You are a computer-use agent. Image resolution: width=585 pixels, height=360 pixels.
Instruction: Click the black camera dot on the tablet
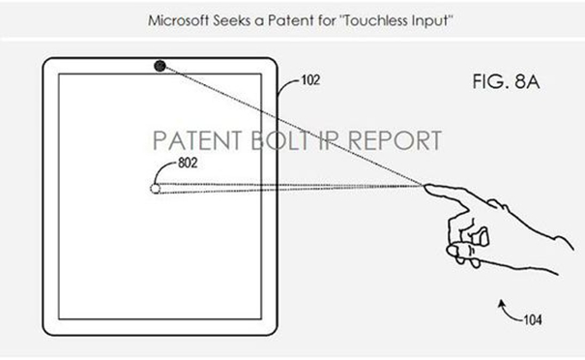coord(161,66)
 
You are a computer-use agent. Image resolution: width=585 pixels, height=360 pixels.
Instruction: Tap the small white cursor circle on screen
coord(156,189)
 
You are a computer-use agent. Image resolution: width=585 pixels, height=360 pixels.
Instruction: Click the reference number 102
coord(310,80)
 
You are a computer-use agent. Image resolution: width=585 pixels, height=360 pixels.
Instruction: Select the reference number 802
coord(188,163)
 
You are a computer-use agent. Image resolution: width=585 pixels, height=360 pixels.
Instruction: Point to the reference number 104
coord(533,320)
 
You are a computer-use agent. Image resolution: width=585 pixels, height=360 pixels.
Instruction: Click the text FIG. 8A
coord(506,82)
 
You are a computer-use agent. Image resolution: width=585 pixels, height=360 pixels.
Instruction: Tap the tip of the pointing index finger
coord(424,186)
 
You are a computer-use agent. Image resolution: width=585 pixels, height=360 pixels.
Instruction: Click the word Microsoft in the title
coord(178,20)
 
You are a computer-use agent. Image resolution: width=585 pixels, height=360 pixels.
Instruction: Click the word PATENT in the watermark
coord(197,140)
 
